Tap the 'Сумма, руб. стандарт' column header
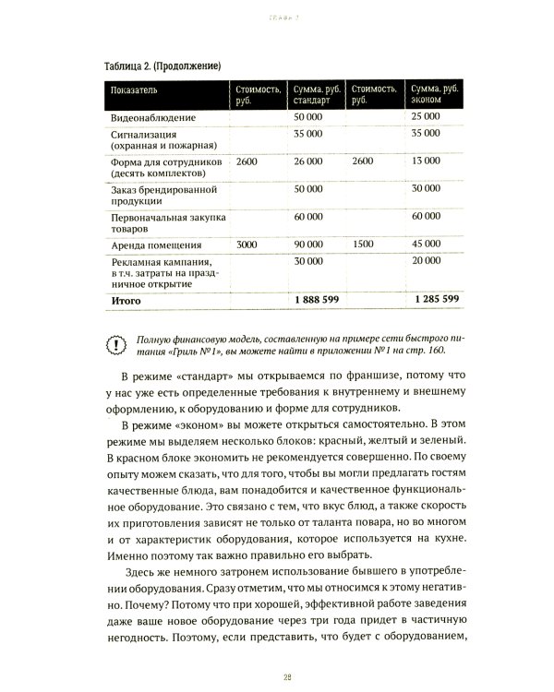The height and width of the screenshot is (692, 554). coord(318,93)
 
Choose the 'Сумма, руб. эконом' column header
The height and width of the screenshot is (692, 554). coord(434,93)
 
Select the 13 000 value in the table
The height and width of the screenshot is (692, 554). coord(426,161)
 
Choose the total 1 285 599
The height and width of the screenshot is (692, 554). coord(434,300)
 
